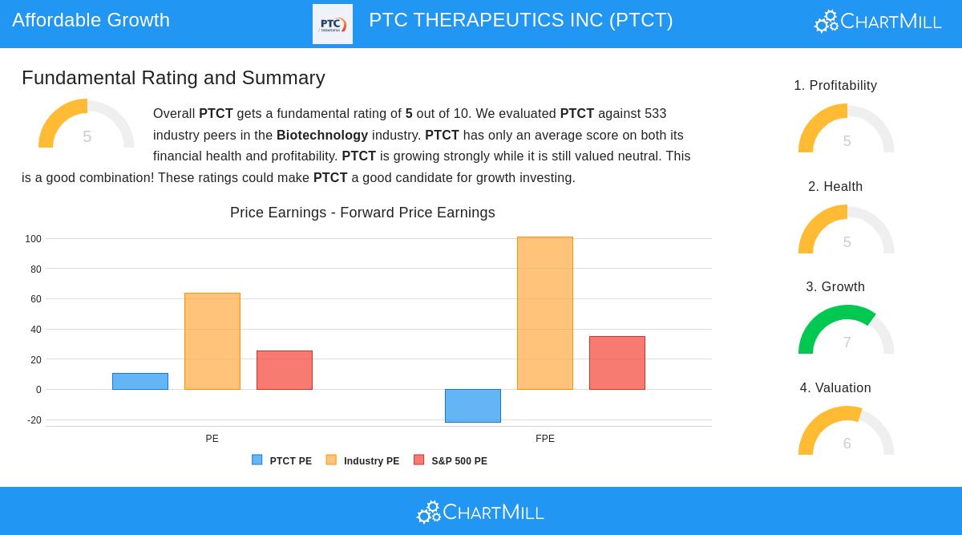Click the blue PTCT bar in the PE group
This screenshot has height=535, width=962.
point(140,382)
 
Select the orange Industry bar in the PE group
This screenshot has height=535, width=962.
point(212,342)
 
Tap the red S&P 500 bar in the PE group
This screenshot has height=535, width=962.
point(285,371)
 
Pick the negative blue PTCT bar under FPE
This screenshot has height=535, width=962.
point(473,406)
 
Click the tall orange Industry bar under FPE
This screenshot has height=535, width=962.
point(545,314)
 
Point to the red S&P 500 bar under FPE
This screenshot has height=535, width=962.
point(617,363)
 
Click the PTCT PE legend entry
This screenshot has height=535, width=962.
point(282,461)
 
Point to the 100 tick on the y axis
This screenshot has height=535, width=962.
point(33,239)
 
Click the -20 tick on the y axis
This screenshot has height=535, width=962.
point(34,420)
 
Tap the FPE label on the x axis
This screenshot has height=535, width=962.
point(545,439)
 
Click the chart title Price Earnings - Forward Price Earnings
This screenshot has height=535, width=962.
point(362,213)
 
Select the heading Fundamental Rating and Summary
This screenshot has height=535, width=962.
point(173,78)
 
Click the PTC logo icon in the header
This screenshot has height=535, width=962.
point(333,24)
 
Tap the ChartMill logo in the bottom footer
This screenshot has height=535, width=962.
point(481,512)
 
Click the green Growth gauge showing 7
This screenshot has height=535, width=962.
point(847,330)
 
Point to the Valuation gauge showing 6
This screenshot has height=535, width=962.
point(847,432)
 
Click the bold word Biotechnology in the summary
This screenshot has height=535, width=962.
point(322,136)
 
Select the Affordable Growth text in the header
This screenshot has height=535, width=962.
point(91,20)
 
